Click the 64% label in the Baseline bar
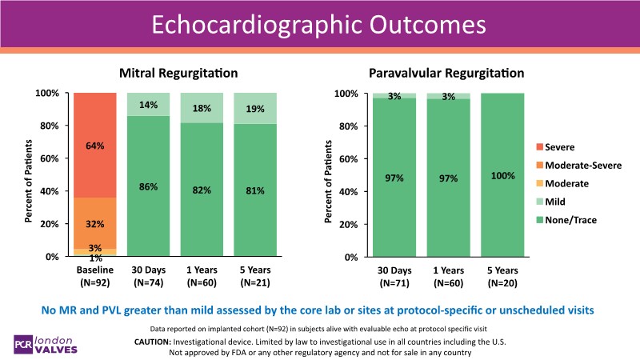pyautogui.click(x=95, y=146)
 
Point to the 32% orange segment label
pyautogui.click(x=95, y=224)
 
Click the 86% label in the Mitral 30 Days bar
pyautogui.click(x=148, y=186)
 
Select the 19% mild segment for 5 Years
pyautogui.click(x=254, y=109)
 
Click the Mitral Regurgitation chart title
pyautogui.click(x=178, y=74)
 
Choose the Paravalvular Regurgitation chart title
pyautogui.click(x=446, y=74)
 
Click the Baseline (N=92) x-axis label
pyautogui.click(x=95, y=276)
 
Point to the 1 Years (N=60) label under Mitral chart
pyautogui.click(x=202, y=276)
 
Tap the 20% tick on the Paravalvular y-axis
pyautogui.click(x=347, y=225)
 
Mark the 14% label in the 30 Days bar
pyautogui.click(x=148, y=105)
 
